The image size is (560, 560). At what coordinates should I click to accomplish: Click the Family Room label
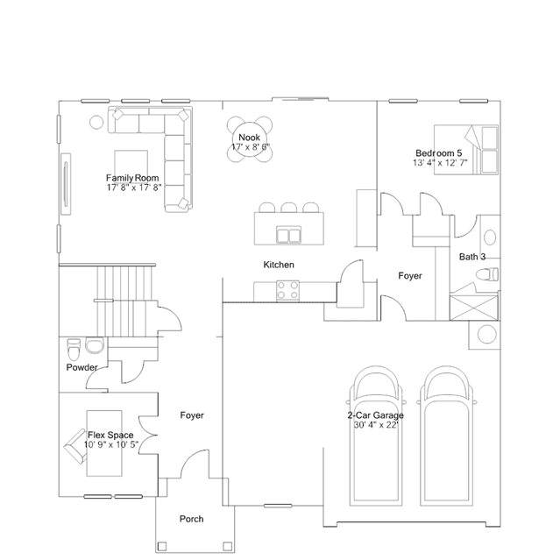tap(132, 178)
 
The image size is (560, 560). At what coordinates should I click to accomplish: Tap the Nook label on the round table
tap(249, 138)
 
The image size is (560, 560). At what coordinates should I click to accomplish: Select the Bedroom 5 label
tap(438, 153)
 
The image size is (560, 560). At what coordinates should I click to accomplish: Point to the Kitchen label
tap(279, 265)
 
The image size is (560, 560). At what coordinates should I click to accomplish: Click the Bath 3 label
tap(472, 257)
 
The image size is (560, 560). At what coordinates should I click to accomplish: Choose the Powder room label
tap(82, 367)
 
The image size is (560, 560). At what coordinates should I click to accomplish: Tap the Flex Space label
tap(110, 435)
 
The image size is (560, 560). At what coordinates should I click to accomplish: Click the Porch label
tap(191, 519)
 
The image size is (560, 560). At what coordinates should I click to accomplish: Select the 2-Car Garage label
tap(375, 415)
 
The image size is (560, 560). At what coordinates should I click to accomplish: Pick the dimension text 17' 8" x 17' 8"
tap(134, 188)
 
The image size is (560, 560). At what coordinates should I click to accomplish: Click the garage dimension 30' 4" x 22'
tap(376, 425)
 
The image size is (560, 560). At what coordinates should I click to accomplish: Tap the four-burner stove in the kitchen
tap(287, 290)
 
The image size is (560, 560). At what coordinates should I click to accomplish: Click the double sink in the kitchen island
tap(288, 236)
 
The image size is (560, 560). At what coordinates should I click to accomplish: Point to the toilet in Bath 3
tap(487, 274)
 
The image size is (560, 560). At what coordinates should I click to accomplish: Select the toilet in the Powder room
tap(74, 350)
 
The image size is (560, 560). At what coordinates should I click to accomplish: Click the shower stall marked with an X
tap(473, 307)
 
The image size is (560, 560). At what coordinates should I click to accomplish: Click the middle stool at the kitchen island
tap(288, 208)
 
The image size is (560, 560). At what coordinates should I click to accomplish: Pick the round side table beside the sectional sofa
tap(96, 122)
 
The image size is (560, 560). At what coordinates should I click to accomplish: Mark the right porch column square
tap(227, 547)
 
